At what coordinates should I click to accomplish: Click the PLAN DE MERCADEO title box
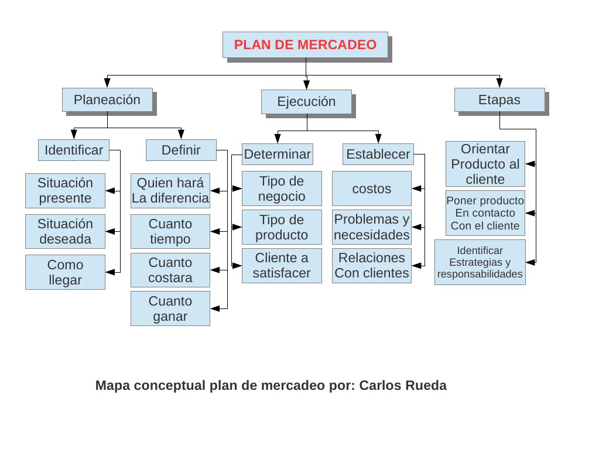(x=305, y=45)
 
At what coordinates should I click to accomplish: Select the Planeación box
(x=107, y=100)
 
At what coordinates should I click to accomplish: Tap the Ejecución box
(x=306, y=102)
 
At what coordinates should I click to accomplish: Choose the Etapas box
(x=499, y=100)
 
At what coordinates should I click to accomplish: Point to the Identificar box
(x=74, y=150)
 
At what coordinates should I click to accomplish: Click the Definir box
(x=181, y=150)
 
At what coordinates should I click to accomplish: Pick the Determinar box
(x=278, y=155)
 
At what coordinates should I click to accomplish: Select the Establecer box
(x=378, y=155)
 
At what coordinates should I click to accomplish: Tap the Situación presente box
(x=65, y=191)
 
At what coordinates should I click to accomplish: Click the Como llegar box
(x=65, y=272)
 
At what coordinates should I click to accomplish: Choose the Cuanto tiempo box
(x=170, y=231)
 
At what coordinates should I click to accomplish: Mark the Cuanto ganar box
(x=170, y=308)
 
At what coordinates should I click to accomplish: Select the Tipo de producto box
(x=282, y=228)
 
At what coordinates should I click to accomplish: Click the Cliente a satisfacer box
(x=282, y=266)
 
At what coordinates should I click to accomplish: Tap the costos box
(x=372, y=189)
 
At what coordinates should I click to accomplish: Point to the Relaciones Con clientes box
(x=372, y=266)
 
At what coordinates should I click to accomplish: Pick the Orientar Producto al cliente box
(x=485, y=164)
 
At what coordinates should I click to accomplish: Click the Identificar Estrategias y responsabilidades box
(x=480, y=262)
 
